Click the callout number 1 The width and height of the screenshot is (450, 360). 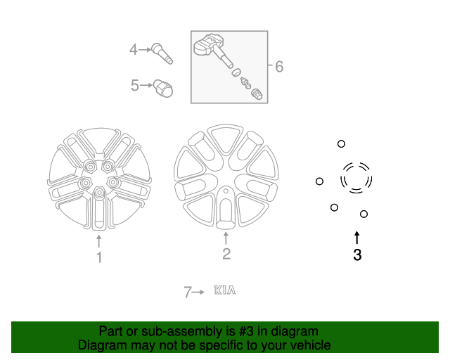click(99, 258)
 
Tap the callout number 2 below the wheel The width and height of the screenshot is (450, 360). click(226, 254)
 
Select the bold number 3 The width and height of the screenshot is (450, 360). click(357, 255)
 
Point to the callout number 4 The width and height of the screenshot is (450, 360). click(134, 49)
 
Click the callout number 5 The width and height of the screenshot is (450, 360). click(135, 86)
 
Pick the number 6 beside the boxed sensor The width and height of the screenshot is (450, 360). click(279, 67)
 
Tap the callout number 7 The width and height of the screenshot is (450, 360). click(188, 292)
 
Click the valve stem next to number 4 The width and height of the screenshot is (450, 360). click(162, 53)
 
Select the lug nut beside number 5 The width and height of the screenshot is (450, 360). click(164, 89)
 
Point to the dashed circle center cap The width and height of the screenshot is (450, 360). click(356, 177)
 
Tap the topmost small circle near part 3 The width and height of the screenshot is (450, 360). click(341, 143)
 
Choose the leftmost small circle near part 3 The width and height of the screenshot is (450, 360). click(319, 181)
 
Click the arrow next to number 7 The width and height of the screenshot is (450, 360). click(199, 291)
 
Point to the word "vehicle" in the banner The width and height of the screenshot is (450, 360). click(310, 345)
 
